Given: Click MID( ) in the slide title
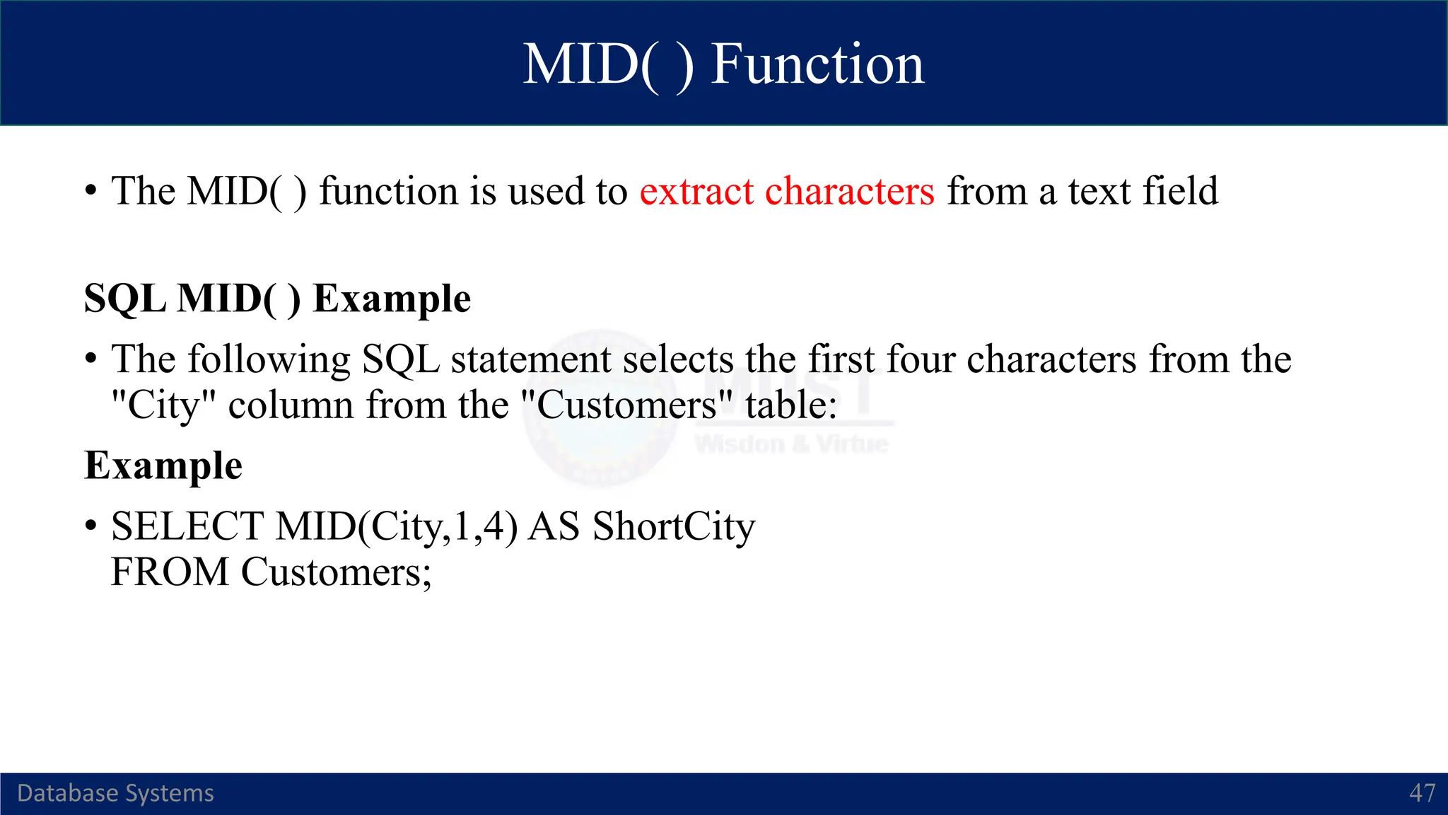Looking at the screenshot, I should click(x=607, y=64).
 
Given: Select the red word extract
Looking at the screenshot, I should click(x=696, y=192).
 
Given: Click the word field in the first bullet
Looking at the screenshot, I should click(x=1180, y=192).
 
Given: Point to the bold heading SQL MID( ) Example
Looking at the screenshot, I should click(x=277, y=299).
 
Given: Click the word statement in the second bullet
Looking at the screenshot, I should click(x=530, y=359).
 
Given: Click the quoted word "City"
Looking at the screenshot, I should click(x=163, y=405).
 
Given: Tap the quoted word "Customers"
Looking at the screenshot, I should click(x=626, y=405).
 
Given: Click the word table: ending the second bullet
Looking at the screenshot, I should click(x=790, y=405).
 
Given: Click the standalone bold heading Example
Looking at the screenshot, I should click(x=163, y=466).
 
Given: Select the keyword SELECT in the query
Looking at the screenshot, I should click(x=187, y=527).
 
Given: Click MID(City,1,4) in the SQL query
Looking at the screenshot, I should click(x=397, y=527).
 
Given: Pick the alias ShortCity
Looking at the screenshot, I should click(x=673, y=527).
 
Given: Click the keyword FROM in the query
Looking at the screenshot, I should click(x=170, y=572).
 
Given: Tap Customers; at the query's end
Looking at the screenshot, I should click(x=336, y=572).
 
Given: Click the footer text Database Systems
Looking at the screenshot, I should click(x=115, y=793).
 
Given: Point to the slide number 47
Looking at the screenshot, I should click(x=1422, y=793).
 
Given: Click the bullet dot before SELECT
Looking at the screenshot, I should click(x=90, y=527).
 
